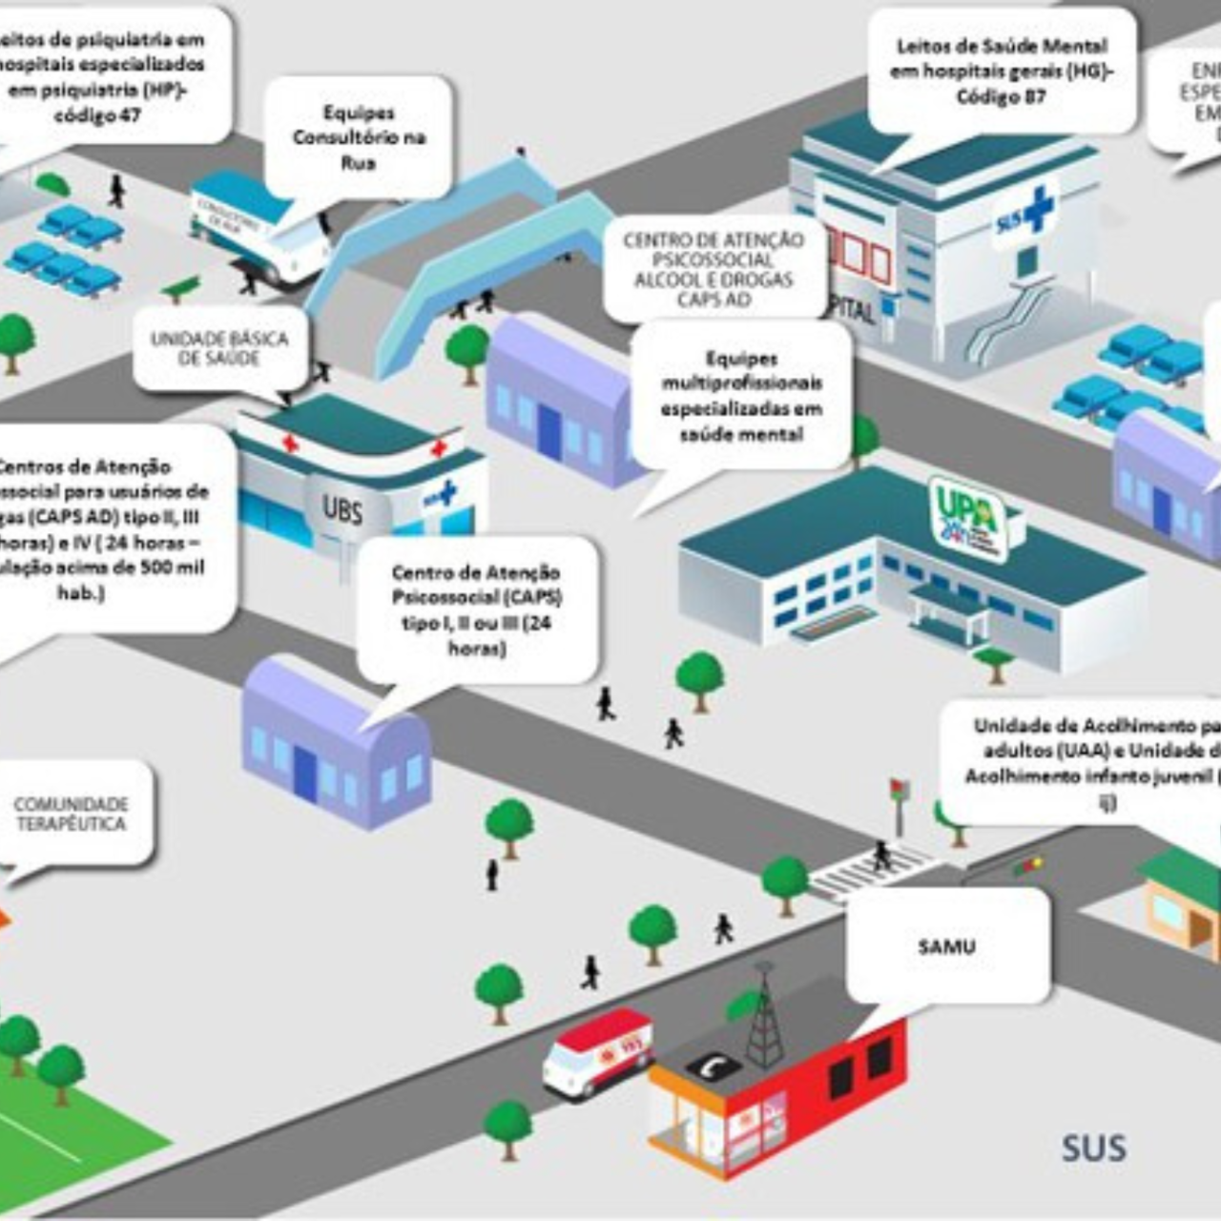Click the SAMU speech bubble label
[946, 946]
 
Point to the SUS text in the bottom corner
[1093, 1149]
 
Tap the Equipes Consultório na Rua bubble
[359, 137]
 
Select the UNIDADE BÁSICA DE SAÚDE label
[219, 348]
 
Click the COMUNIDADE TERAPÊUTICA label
[71, 814]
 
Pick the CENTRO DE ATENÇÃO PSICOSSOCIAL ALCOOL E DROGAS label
[714, 270]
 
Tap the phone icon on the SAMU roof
[713, 1066]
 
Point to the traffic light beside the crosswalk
[899, 801]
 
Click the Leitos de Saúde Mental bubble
[1002, 72]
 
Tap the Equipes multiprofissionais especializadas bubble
[741, 396]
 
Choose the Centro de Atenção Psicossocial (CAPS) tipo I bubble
[477, 610]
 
